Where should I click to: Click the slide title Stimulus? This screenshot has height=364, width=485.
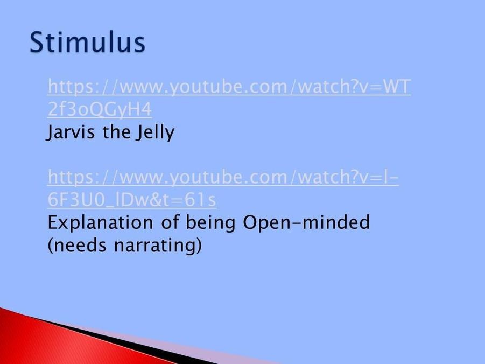coord(87,42)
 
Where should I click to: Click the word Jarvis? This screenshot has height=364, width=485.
coord(71,132)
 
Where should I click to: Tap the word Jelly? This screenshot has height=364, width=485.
coord(155,132)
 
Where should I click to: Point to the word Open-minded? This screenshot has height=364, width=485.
coord(306,223)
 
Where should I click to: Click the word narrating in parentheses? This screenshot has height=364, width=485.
coord(158,246)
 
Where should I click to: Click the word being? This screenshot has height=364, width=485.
coord(210,223)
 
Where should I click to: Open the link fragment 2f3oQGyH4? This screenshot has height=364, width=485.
coord(100,109)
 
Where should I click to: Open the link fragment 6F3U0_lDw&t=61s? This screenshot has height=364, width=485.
coord(132,200)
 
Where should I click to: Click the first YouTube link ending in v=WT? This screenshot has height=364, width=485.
coord(229,86)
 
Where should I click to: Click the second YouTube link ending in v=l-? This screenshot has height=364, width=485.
coord(223,177)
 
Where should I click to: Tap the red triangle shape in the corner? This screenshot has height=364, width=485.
coord(62,344)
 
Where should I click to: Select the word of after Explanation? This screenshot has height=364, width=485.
coord(170,222)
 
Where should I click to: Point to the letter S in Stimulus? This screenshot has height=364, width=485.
coord(37,42)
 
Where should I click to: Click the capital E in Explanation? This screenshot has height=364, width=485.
coord(53,223)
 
